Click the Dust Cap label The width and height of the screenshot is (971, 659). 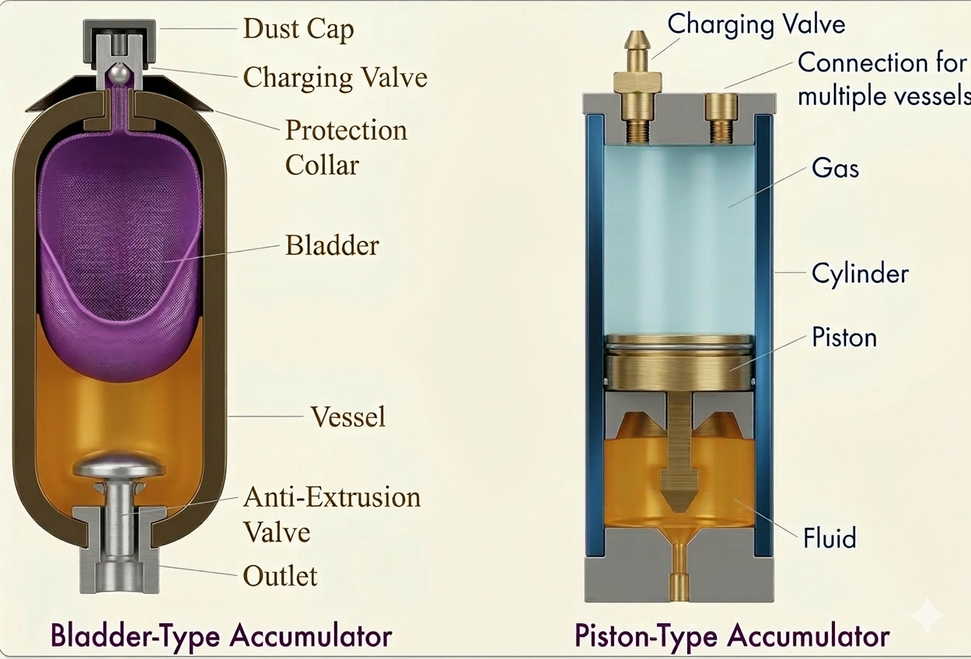tap(298, 30)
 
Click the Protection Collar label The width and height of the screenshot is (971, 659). tap(345, 147)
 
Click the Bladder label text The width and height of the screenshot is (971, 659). tap(332, 246)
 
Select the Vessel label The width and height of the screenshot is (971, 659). tap(348, 417)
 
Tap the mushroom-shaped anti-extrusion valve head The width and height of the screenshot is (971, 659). tap(118, 465)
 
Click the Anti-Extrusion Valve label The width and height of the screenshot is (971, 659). tap(331, 514)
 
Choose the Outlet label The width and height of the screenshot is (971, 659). tap(280, 576)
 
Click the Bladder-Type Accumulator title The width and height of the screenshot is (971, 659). tap(221, 635)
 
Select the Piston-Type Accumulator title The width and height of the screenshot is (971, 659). tap(732, 635)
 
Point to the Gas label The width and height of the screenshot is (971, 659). tap(835, 167)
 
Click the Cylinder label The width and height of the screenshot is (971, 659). tap(859, 273)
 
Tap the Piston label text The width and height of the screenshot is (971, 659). tap(844, 337)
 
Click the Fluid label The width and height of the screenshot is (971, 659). tap(830, 537)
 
